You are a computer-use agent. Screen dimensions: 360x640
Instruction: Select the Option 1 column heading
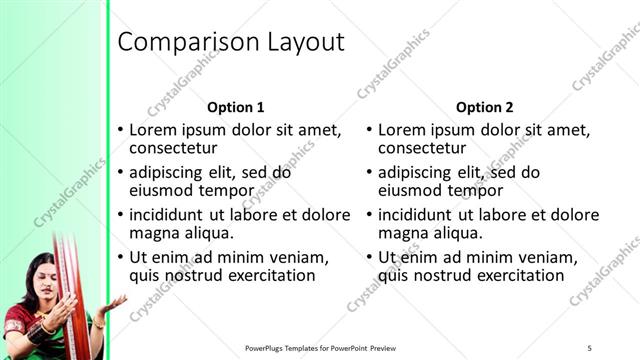[x=235, y=107]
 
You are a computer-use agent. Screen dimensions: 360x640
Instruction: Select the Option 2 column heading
[x=484, y=107]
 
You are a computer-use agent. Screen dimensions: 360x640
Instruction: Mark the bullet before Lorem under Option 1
[x=121, y=130]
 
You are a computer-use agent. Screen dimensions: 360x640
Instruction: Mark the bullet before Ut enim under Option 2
[x=370, y=257]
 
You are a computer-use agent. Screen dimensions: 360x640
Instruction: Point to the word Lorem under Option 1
[x=154, y=130]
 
